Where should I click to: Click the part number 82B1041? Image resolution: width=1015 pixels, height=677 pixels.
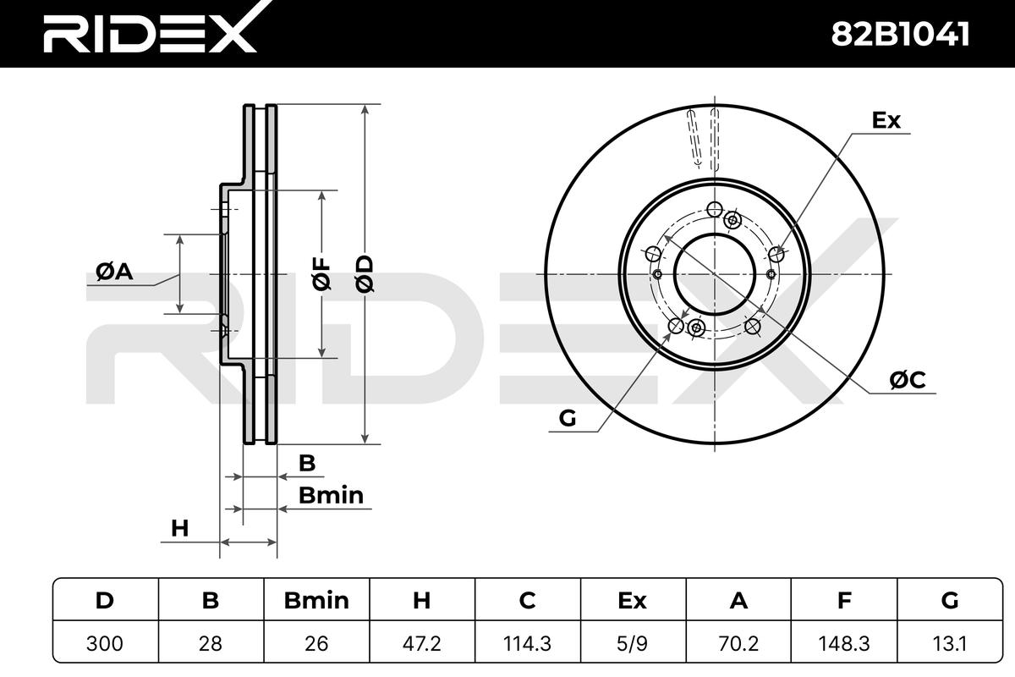point(900,35)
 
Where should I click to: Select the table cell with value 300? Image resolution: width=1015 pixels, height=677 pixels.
point(105,643)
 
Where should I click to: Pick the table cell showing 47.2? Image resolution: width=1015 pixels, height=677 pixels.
point(421,643)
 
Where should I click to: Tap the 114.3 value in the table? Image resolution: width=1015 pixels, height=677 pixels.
point(527,643)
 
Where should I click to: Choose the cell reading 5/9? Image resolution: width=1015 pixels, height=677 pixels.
point(633,643)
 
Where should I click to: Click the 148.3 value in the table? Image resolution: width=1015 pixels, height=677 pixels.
point(844,643)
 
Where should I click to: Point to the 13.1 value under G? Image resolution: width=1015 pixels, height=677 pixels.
point(950,643)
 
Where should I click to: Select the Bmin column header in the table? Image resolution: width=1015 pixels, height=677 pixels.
point(316,600)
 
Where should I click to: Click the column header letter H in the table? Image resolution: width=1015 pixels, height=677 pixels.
point(421,600)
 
